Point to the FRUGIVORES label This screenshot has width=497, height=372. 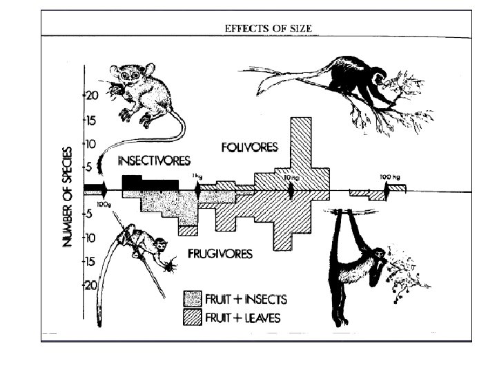tap(220, 254)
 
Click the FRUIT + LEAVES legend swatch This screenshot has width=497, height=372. tap(192, 317)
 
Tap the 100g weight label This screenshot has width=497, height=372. tap(104, 205)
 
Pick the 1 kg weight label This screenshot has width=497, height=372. tap(197, 177)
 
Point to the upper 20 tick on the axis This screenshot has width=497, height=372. tap(91, 96)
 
